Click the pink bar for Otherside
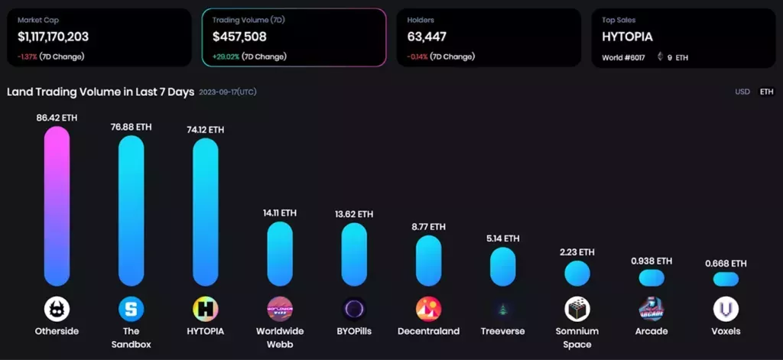[57, 206]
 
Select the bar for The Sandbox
[131, 211]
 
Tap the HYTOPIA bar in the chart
[205, 212]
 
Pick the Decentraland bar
[428, 261]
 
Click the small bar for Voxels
[726, 279]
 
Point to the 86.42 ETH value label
[57, 118]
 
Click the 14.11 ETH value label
[279, 213]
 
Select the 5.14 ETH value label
[502, 238]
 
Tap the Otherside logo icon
[57, 309]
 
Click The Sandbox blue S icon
[131, 309]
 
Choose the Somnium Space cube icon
[577, 309]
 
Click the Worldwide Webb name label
[279, 337]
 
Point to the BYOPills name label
[354, 331]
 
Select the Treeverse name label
[502, 331]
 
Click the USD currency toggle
[742, 92]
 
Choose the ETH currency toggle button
[766, 92]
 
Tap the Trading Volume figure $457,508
[239, 36]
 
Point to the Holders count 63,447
[427, 36]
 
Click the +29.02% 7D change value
[227, 57]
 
